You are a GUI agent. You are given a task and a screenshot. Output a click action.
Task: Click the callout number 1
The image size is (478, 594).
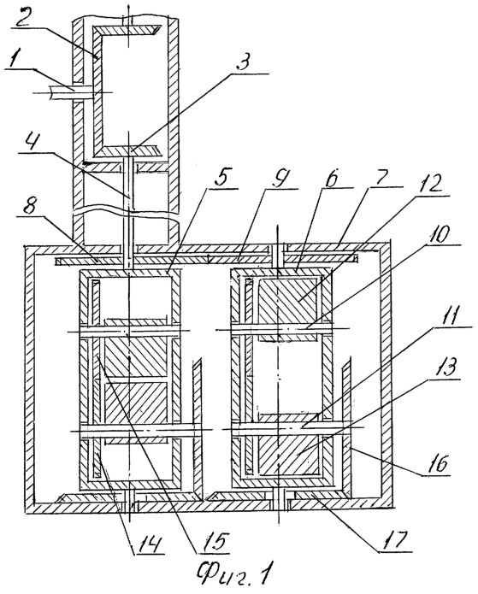(x=15, y=60)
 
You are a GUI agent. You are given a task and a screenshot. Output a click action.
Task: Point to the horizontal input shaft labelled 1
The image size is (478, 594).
(x=71, y=93)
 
